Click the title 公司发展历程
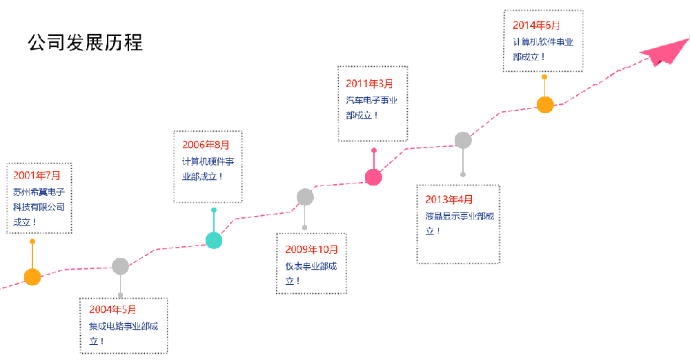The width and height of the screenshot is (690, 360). click(x=85, y=43)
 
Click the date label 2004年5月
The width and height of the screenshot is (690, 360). click(x=112, y=309)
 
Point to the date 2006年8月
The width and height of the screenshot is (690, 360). click(x=206, y=145)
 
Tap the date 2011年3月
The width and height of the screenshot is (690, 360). click(x=369, y=83)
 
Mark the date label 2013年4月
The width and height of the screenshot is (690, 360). click(x=449, y=200)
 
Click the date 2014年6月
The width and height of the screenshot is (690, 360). click(x=536, y=26)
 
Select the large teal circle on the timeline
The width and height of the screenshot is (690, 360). click(x=214, y=241)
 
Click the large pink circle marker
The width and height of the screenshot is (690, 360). click(x=373, y=177)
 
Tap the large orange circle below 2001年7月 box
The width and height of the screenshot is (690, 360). click(x=32, y=277)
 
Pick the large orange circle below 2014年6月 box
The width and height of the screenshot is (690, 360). click(x=545, y=105)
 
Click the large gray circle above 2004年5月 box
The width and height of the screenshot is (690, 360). click(x=120, y=266)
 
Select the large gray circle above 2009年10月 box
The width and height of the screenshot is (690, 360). click(x=305, y=197)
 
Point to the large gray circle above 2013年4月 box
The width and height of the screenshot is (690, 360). click(x=463, y=140)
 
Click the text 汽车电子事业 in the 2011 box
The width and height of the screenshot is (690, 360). click(x=371, y=101)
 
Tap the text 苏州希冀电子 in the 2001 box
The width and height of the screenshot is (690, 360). click(x=39, y=192)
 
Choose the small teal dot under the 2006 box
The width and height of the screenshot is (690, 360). click(x=214, y=210)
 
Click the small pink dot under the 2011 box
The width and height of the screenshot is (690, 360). click(x=374, y=150)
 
